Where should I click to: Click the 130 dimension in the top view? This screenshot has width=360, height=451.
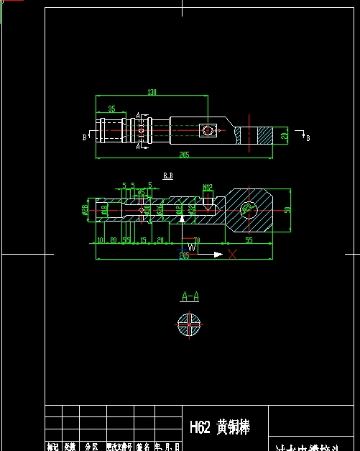(x=152, y=92)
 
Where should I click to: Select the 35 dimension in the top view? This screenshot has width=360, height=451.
(x=111, y=109)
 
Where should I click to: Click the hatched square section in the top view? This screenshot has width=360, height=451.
(x=266, y=135)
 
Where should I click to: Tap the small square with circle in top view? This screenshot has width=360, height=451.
(x=208, y=130)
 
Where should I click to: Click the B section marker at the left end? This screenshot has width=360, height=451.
(x=85, y=135)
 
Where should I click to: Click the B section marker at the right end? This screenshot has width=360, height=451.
(x=308, y=137)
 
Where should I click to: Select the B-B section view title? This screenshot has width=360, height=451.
(x=168, y=175)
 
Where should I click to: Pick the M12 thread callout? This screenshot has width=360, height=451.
(x=208, y=188)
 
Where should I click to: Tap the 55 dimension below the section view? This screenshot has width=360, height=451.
(x=249, y=240)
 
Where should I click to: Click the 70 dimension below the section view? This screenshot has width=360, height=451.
(x=197, y=240)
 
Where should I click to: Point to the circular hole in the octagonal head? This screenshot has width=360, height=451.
(x=249, y=209)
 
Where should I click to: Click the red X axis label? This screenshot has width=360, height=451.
(x=232, y=254)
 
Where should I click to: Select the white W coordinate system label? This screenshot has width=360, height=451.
(x=191, y=247)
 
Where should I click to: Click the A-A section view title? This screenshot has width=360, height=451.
(x=190, y=296)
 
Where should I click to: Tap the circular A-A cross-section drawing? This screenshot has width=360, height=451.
(x=188, y=324)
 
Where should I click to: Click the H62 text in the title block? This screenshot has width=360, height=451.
(x=200, y=427)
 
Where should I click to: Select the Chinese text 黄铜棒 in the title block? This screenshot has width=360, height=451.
(x=234, y=427)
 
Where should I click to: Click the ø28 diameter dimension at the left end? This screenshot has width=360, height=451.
(x=85, y=209)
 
